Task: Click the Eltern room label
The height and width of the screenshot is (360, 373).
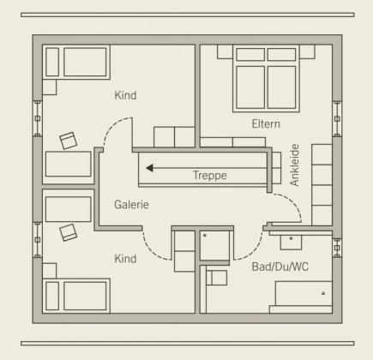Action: coord(266,124)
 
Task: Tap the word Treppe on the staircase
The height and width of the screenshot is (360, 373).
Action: coord(210,175)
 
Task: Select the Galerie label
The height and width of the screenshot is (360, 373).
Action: coord(131,205)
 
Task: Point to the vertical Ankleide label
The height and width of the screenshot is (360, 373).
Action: coord(294,165)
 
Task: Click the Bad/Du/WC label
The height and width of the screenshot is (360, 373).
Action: coord(280,267)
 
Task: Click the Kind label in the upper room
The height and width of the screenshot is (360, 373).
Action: coord(125,95)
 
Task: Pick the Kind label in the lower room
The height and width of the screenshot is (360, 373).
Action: coord(125,259)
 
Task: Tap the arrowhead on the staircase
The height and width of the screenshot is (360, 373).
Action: coord(149,168)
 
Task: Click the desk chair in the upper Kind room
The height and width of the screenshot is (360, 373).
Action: coord(69,141)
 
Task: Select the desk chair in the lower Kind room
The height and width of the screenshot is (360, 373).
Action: coord(69,232)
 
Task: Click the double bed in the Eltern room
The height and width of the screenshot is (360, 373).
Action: coord(266,78)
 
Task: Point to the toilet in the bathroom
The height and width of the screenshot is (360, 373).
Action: coord(216,278)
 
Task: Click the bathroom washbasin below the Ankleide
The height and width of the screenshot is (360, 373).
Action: coord(291,243)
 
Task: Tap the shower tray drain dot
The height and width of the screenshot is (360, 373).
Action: coord(205,236)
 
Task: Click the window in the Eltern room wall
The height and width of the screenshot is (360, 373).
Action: coord(337,119)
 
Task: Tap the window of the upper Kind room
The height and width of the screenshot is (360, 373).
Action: coord(38,118)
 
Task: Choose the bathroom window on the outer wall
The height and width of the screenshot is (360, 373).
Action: coord(337,248)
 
